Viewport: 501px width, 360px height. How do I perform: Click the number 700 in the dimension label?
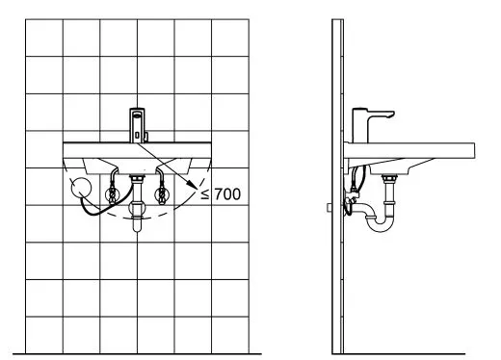[x=227, y=194]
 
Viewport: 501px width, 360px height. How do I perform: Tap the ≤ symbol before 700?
[x=205, y=194]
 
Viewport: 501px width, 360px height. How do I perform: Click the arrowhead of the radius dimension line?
[x=193, y=185]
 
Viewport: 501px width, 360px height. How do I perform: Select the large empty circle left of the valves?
[x=81, y=188]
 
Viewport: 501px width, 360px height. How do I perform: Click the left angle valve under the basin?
[x=113, y=193]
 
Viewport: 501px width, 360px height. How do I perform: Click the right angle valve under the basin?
[x=161, y=193]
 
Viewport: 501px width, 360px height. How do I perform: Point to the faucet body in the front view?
[x=137, y=125]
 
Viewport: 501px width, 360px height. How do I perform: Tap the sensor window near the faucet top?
[x=137, y=113]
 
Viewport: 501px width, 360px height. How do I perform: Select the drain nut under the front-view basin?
[x=137, y=177]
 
